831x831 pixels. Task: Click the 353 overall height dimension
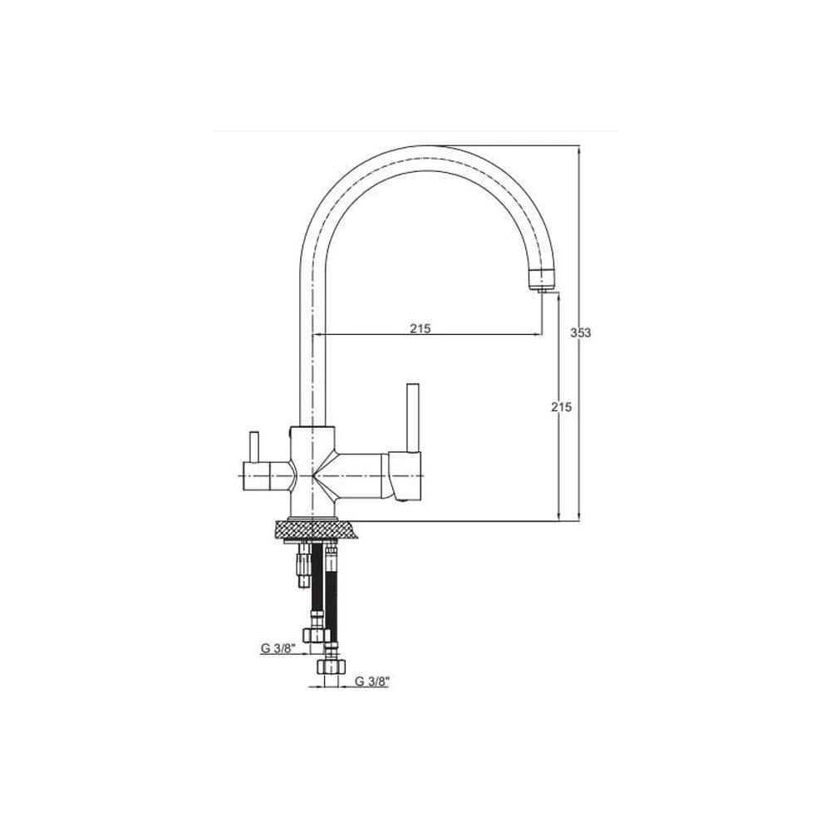(580, 333)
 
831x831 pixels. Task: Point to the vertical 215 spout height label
(562, 407)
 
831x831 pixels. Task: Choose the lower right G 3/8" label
(372, 681)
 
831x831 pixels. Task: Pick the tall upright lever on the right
(413, 418)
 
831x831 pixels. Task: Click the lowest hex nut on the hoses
(330, 666)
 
